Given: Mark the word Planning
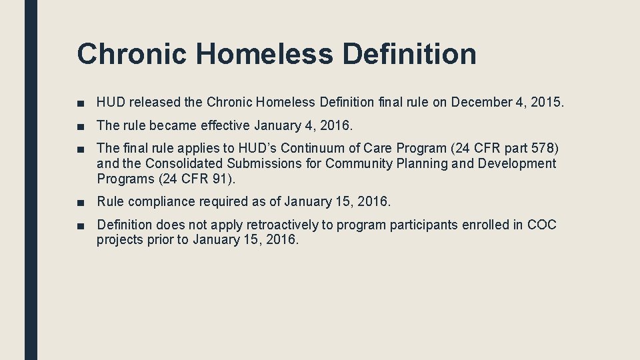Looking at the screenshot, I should (420, 163).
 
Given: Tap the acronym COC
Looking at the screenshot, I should (541, 225).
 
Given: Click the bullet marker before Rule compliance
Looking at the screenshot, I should (81, 202).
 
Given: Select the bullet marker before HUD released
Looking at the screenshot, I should (81, 103).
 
